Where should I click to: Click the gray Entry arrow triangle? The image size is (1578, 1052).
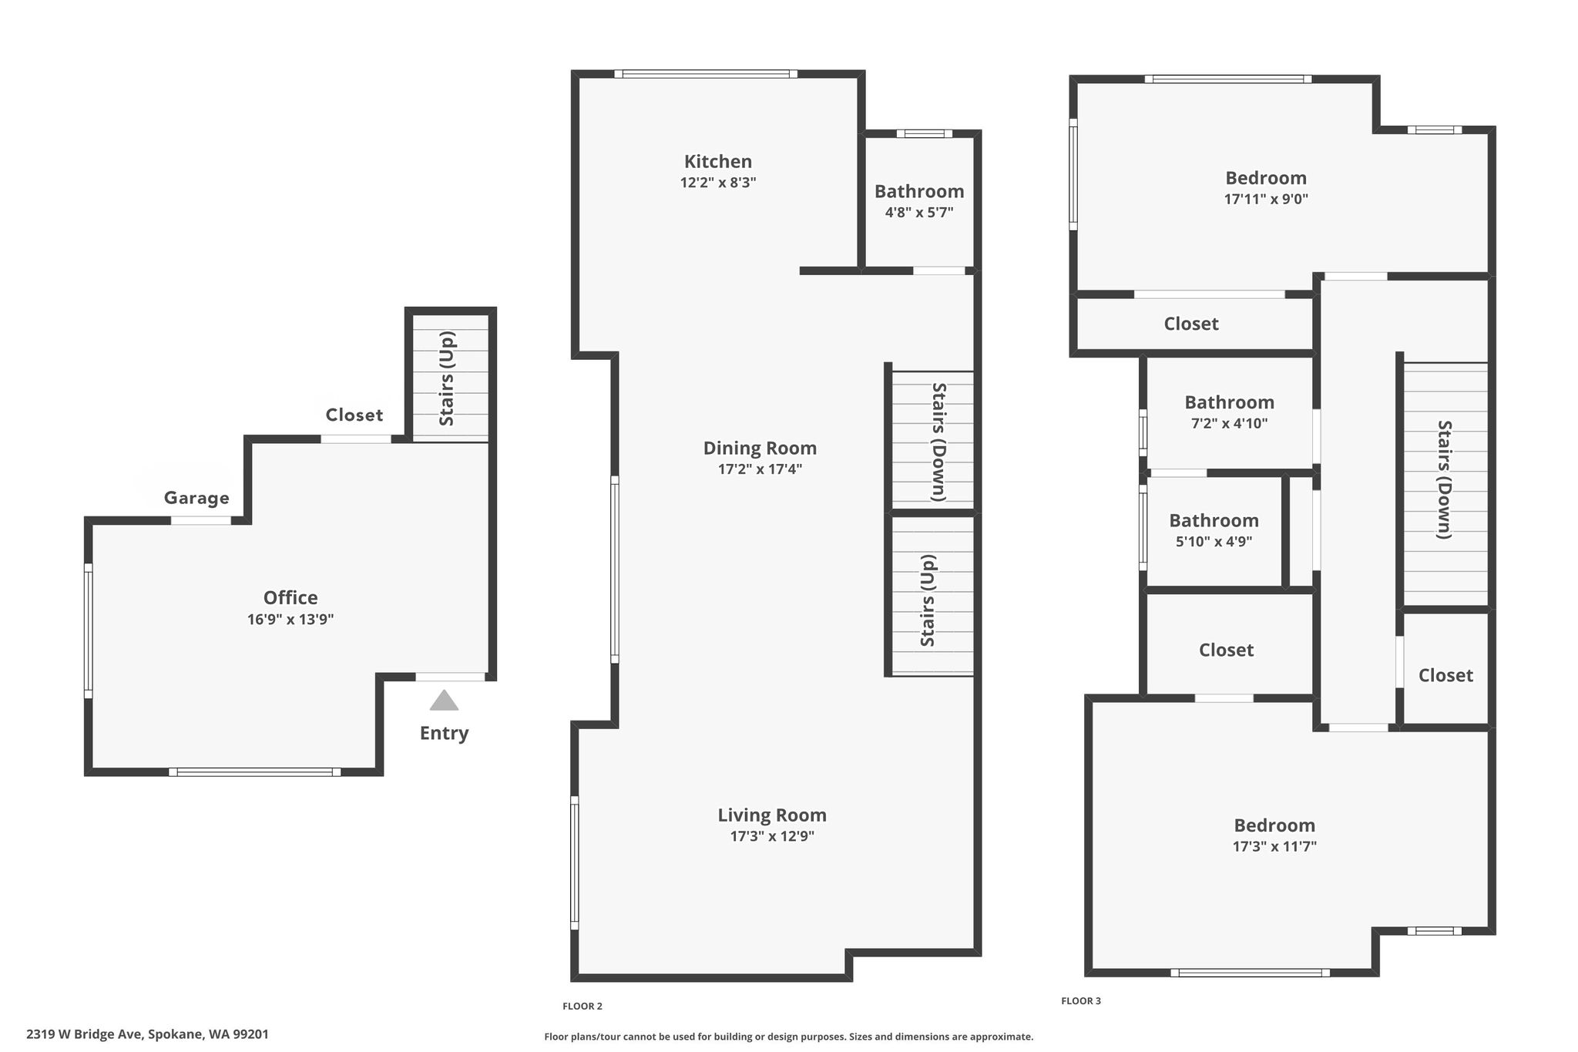tap(444, 700)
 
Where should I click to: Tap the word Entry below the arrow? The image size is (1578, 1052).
tap(444, 733)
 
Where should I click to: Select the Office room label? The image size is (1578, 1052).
tap(290, 597)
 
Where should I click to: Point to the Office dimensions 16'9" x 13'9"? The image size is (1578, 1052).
tap(290, 619)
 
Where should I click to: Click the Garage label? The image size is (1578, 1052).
tap(196, 498)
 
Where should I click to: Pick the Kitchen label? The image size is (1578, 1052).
tap(718, 161)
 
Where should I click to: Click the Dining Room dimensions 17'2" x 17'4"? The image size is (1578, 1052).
tap(760, 469)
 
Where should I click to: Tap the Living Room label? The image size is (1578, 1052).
tap(772, 815)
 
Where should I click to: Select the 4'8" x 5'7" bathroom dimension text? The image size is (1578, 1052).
tap(919, 212)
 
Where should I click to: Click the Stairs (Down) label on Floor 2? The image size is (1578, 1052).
tap(938, 442)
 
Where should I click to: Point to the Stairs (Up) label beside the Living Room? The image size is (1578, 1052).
tap(928, 600)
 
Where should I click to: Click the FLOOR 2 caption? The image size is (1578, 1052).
tap(583, 1006)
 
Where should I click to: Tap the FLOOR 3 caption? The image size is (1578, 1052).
tap(1081, 1001)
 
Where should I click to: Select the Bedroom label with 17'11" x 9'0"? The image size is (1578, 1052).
tap(1266, 177)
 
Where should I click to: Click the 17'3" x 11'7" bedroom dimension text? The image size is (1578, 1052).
tap(1274, 846)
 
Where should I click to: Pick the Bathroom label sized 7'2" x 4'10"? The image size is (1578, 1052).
tap(1229, 402)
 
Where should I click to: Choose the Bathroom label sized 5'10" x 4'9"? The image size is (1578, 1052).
tap(1214, 520)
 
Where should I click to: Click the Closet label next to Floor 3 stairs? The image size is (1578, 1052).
tap(1445, 675)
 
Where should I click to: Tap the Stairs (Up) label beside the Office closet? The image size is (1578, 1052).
tap(447, 378)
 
